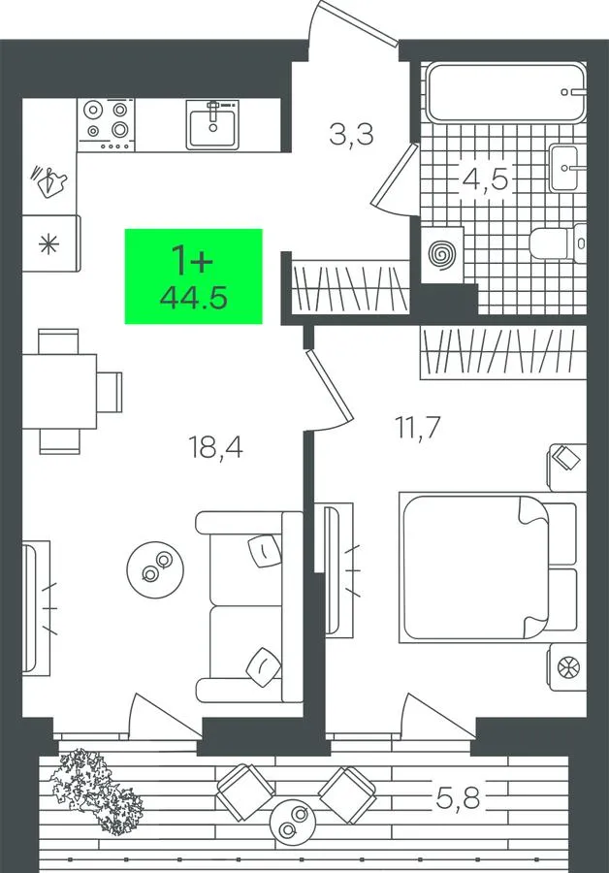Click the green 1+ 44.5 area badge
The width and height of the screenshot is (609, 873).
click(193, 276)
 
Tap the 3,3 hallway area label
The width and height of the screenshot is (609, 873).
click(351, 135)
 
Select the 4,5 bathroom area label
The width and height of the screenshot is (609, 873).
click(486, 179)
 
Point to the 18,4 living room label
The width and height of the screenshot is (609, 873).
click(216, 447)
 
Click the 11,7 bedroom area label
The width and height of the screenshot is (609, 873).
click(418, 427)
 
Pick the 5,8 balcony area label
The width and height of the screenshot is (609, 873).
click(458, 799)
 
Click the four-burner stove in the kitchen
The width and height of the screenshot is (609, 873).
click(106, 125)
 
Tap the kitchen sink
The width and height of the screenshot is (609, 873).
click(212, 125)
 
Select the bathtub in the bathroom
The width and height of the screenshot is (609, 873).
click(506, 92)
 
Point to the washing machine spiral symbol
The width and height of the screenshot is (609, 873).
click(442, 254)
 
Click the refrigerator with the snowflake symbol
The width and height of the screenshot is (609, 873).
click(51, 243)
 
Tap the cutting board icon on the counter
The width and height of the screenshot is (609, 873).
click(49, 181)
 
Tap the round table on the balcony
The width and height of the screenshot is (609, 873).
click(293, 823)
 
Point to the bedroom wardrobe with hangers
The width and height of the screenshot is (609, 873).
click(503, 353)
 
